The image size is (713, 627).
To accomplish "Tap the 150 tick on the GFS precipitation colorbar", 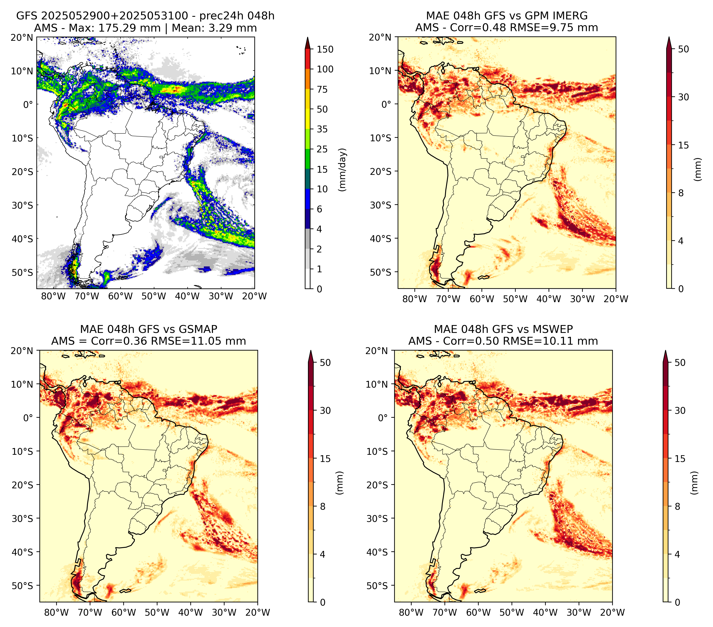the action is [x=325, y=49].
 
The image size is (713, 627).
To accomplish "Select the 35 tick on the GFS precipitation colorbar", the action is [x=322, y=129].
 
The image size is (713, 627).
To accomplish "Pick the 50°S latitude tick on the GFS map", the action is [x=22, y=272].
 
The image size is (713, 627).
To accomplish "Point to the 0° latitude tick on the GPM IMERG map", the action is [x=387, y=104].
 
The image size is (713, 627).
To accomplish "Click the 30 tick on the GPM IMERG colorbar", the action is [x=684, y=97].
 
